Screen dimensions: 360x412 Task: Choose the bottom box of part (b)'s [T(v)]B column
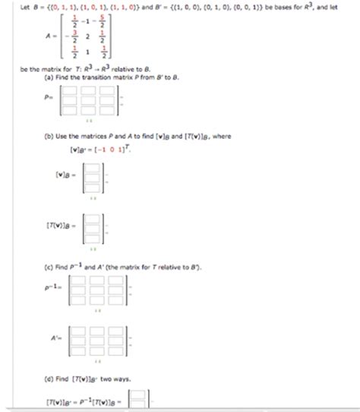pyautogui.click(x=92, y=234)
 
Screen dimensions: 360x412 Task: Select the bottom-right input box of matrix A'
pyautogui.click(x=115, y=350)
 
